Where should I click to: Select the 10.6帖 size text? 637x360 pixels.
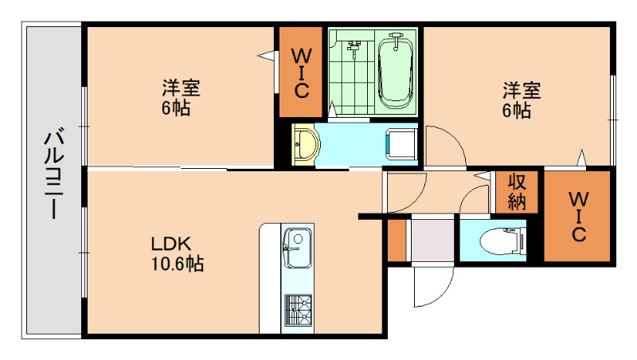(177, 264)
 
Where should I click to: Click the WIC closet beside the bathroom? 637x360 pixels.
(300, 73)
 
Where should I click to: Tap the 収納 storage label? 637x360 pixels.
(518, 191)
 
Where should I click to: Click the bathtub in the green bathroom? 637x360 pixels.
(396, 70)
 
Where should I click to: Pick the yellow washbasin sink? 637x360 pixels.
(306, 145)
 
